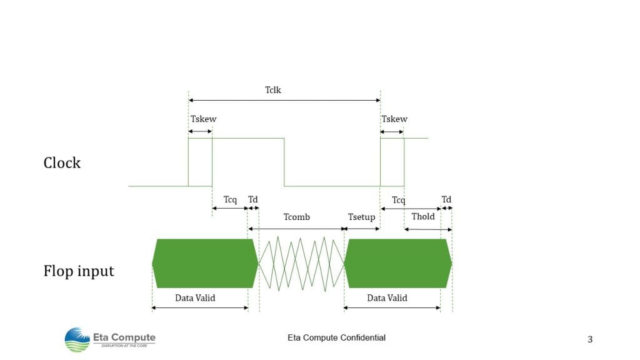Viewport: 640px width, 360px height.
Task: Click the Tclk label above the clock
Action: coord(273,90)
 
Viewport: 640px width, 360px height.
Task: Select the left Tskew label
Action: coord(203,119)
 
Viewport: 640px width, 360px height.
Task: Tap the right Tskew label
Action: coord(394,119)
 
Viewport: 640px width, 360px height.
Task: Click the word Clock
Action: coord(62,163)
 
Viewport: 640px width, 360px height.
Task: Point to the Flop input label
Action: coord(79,271)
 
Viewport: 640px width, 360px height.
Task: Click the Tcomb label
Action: coord(297,217)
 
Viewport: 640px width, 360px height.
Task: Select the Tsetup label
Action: coord(362,217)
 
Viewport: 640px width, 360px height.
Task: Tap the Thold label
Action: coord(423,216)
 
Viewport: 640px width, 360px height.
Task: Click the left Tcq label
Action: coord(230,199)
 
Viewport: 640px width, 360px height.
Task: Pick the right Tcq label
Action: coord(399,200)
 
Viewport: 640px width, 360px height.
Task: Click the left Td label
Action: coord(253,199)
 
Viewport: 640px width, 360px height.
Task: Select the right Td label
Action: coord(446,199)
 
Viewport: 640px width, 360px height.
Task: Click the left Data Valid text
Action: coord(195,298)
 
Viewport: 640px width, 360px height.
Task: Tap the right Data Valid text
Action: coord(387,298)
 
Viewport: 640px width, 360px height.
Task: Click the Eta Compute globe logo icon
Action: coord(77,339)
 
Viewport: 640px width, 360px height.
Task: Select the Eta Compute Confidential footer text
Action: coord(336,337)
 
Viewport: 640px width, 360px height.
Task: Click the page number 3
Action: coord(590,339)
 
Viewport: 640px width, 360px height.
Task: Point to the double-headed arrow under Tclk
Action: coord(284,100)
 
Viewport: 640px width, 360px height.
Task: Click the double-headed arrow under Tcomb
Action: coord(296,229)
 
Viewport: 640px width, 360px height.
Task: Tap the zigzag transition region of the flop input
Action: coord(302,264)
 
